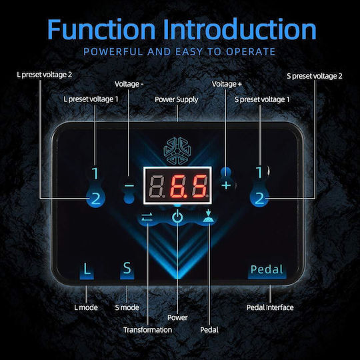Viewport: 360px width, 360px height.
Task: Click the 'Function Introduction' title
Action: pos(182,29)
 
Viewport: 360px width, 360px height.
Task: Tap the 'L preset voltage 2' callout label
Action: pos(44,75)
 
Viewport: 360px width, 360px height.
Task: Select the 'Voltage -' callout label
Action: pos(129,84)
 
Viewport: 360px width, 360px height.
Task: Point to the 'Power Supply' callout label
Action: pos(176,99)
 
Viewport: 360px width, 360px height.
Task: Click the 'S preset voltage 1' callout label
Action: pos(262,99)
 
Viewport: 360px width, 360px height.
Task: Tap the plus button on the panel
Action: pos(227,185)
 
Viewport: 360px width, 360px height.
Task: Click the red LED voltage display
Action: pos(177,185)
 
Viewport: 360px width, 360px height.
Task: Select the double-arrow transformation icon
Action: pos(147,217)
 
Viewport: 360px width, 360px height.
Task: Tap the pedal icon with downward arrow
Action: pos(209,216)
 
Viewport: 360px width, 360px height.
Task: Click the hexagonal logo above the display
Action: pos(177,151)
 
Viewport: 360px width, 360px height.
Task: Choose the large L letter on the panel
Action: pos(87,269)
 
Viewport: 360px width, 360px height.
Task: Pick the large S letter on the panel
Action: pos(127,268)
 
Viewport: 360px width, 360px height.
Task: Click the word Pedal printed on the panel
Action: pos(267,269)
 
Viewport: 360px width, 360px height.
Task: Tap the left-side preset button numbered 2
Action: pos(96,199)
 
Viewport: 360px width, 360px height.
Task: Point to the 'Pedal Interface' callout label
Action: pos(270,307)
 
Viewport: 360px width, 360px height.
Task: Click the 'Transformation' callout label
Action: pos(147,330)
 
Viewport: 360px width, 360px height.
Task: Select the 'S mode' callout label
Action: pos(127,307)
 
